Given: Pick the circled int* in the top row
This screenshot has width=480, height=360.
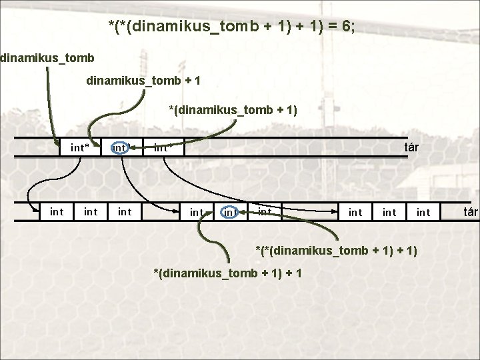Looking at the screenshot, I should (x=121, y=147).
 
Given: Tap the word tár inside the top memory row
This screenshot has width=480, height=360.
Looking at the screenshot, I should (x=411, y=147).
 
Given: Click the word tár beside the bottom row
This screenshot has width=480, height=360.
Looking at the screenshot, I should (x=471, y=212).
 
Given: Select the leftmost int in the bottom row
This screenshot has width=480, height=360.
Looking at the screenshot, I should (x=57, y=212).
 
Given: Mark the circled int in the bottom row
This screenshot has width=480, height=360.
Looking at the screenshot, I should (x=231, y=212).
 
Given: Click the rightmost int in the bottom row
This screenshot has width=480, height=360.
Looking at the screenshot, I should (x=423, y=212).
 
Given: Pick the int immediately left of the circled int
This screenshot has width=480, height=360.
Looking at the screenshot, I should (x=197, y=212).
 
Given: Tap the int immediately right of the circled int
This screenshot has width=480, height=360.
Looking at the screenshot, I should (x=265, y=212).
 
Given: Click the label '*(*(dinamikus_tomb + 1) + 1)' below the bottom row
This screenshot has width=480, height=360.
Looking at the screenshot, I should (x=337, y=250).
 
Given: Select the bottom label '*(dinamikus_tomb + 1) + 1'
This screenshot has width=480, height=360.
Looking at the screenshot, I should (x=227, y=273).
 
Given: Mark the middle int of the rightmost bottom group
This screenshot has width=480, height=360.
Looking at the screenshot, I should (x=389, y=212).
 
